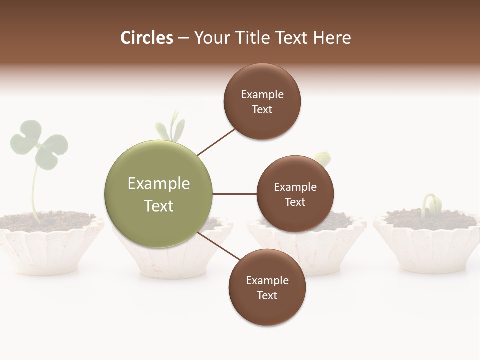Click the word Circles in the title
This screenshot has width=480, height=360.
(x=146, y=38)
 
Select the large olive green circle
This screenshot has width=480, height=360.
(x=158, y=194)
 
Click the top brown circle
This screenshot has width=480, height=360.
(x=262, y=101)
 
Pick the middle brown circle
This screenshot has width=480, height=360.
(x=295, y=194)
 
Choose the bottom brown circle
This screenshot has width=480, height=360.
(x=267, y=287)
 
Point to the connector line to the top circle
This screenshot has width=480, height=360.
(x=216, y=142)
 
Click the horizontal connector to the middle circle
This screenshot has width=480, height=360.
(x=234, y=194)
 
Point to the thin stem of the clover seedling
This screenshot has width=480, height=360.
(x=34, y=192)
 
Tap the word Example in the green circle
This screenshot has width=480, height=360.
(x=158, y=183)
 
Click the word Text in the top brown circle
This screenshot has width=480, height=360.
(x=262, y=110)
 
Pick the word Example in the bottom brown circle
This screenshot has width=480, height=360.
(x=267, y=280)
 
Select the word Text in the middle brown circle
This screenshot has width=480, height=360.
(x=295, y=202)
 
